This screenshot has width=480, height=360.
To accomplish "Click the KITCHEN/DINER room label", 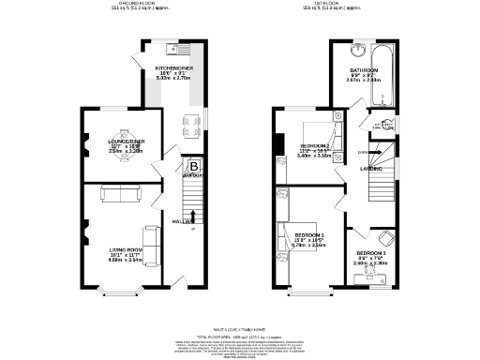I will [173, 69].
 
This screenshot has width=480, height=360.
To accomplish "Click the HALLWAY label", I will [184, 221].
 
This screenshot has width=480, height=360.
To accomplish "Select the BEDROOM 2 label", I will [315, 147].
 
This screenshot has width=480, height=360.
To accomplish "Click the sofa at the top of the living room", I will [118, 194].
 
